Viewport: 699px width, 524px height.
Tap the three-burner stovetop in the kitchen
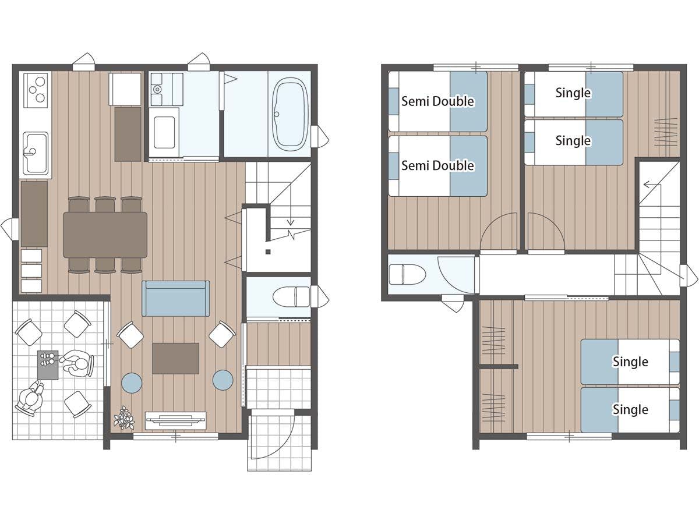point(36,90)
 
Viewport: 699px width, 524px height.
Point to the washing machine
point(164,133)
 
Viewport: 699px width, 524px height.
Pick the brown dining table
point(105,235)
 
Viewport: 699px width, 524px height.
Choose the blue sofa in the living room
point(175,299)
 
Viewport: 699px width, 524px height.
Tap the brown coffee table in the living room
point(175,358)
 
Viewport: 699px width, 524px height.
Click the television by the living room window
point(175,420)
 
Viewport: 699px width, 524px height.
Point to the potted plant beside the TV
point(124,417)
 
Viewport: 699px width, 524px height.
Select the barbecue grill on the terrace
point(48,365)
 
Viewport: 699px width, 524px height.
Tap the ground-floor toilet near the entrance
point(291,297)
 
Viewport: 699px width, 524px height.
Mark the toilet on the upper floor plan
point(407,274)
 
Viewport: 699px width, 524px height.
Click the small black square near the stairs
point(268,252)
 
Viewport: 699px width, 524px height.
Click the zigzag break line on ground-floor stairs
point(290,235)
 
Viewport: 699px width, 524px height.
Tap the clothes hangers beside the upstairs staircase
point(666,132)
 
